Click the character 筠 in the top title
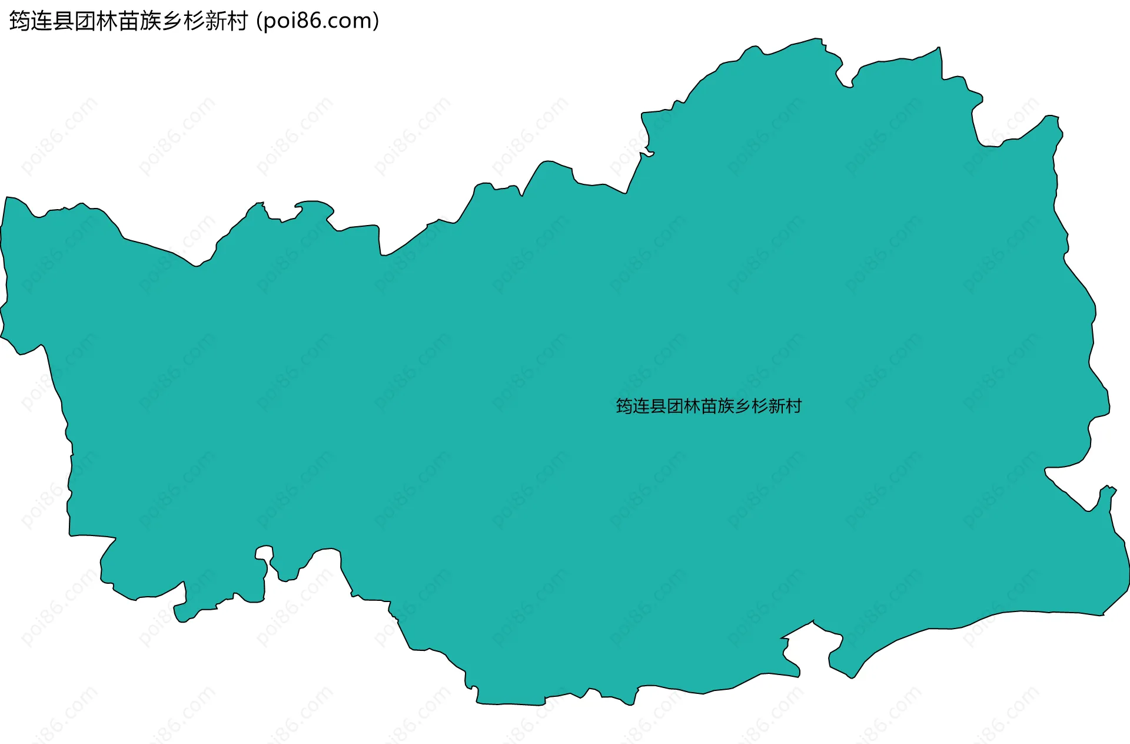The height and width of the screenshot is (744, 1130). [20, 21]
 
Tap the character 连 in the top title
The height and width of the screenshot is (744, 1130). [42, 21]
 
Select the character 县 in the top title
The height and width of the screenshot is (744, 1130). [64, 21]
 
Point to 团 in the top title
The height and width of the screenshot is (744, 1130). [85, 21]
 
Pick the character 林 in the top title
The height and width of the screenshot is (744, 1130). [107, 21]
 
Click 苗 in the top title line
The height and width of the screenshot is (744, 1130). [129, 21]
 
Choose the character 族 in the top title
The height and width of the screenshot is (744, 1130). [151, 21]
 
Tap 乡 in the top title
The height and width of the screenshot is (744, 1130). [172, 21]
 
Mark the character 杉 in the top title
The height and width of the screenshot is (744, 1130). [194, 21]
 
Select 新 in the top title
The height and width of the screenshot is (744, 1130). [216, 21]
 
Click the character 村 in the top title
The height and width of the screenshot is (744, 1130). [238, 21]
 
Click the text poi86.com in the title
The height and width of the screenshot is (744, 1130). [318, 21]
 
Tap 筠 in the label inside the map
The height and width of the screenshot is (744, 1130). [624, 406]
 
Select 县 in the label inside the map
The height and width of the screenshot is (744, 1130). [658, 406]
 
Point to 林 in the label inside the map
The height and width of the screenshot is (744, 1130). [692, 406]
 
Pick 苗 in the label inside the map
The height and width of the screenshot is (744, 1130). [709, 406]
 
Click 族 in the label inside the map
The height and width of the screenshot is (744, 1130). [726, 406]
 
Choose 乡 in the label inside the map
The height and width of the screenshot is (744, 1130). [743, 406]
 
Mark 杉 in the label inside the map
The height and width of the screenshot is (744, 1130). [760, 406]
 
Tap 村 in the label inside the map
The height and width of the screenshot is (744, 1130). [793, 406]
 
